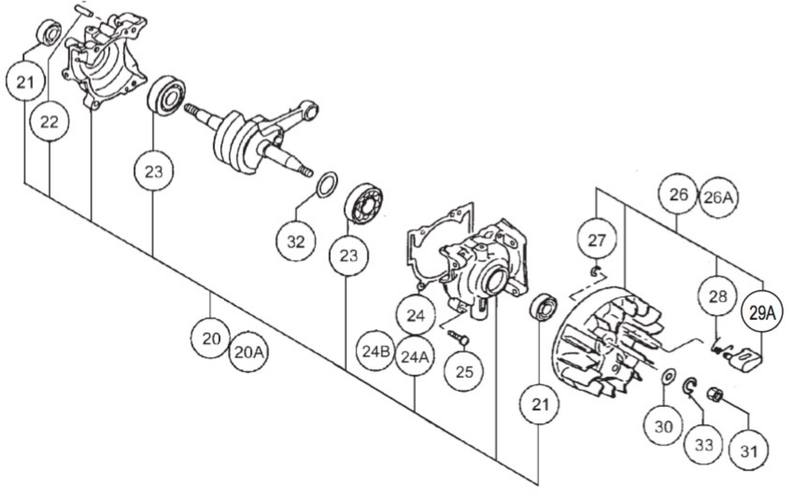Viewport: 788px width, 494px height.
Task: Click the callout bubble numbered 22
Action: [x=49, y=122]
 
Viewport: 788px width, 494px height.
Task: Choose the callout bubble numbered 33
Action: [x=704, y=445]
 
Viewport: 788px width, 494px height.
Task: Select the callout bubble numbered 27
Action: [x=597, y=240]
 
